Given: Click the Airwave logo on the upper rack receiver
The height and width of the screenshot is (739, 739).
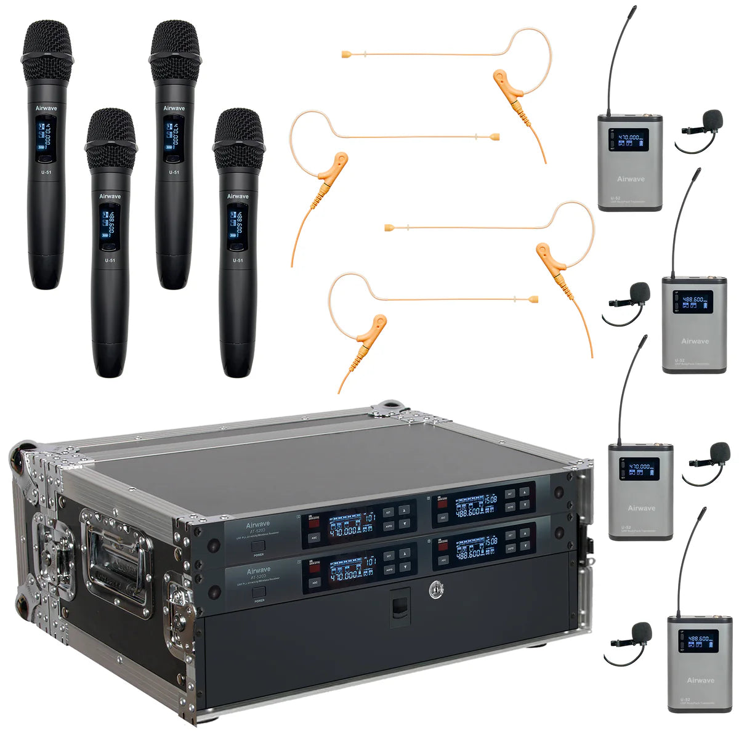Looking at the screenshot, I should (259, 525).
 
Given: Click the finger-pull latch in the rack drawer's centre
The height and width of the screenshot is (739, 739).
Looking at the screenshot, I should (400, 606).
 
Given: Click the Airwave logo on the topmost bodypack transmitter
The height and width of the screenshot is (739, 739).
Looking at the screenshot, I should (631, 179).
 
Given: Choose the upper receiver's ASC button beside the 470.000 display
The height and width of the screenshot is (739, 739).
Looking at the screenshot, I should (315, 537).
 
